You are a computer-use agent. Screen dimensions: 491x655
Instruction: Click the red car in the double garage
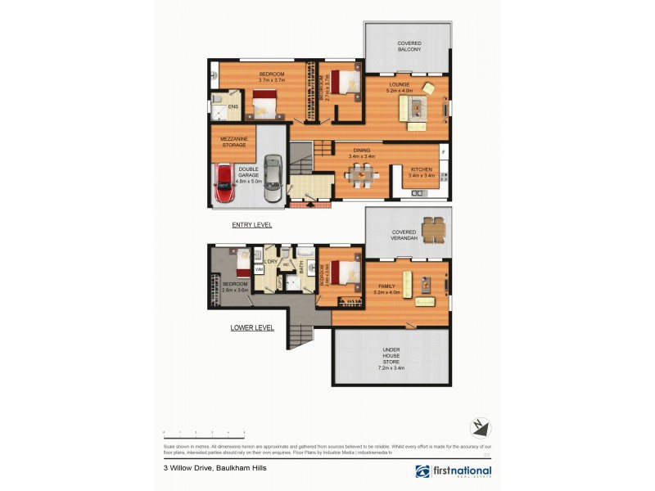[x=223, y=184]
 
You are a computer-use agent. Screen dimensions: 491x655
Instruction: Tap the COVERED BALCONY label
[x=409, y=47]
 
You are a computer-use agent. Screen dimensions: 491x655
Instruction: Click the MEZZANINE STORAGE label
[x=233, y=142]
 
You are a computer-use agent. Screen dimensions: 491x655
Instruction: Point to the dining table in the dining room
[x=361, y=174]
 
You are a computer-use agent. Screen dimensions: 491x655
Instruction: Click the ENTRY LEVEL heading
[x=252, y=224]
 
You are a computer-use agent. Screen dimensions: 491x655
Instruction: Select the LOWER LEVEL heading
[x=252, y=327]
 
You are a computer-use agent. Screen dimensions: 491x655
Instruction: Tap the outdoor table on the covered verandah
[x=432, y=227]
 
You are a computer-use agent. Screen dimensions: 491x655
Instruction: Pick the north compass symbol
[x=480, y=426]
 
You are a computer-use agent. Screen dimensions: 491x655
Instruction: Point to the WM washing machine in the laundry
[x=259, y=268]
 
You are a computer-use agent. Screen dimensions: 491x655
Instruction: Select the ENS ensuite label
[x=233, y=107]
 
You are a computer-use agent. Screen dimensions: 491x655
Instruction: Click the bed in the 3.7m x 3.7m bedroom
[x=264, y=105]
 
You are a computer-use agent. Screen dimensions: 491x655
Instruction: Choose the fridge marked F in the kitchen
[x=443, y=151]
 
